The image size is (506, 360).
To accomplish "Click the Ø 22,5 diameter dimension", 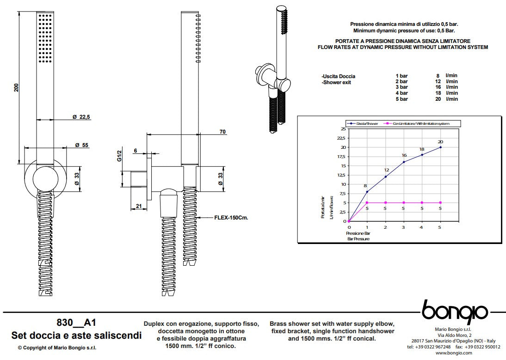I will pos(80,117).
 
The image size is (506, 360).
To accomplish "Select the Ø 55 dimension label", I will pos(81,145).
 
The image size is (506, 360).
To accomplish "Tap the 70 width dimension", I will pos(222,132).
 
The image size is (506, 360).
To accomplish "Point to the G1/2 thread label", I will pos(119,156).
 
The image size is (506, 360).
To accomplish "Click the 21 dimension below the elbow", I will pos(138,207).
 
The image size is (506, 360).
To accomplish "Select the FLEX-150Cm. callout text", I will pos(231,217).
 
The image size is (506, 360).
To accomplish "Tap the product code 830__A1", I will pos(76,322).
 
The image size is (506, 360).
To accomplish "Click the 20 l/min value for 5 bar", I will pos(438,99).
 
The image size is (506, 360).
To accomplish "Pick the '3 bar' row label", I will pos(401,87).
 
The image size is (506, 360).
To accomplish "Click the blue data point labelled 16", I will pos(404,162).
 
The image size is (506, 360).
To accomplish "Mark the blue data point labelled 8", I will pos(367,191).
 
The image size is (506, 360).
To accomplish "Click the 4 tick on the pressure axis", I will pos(422,227).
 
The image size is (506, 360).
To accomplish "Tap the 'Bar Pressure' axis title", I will pos(358,239).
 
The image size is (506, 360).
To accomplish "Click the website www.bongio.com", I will pos(454,353).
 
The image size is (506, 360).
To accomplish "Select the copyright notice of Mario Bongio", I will pos(57,348).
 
